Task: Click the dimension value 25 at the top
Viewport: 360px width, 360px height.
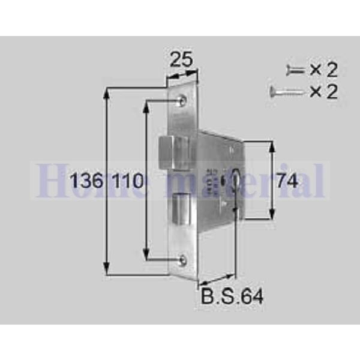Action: point(182,60)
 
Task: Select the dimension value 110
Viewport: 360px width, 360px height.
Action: point(127,181)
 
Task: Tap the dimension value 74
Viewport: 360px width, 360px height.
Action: point(287,181)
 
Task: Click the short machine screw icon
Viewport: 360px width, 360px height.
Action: point(296,70)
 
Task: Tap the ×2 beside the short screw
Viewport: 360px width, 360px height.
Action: point(324,70)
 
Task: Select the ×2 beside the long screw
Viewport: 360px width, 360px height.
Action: point(324,92)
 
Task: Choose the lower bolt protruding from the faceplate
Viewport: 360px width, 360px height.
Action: point(180,207)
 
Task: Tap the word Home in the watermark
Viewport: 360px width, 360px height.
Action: point(77,181)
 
